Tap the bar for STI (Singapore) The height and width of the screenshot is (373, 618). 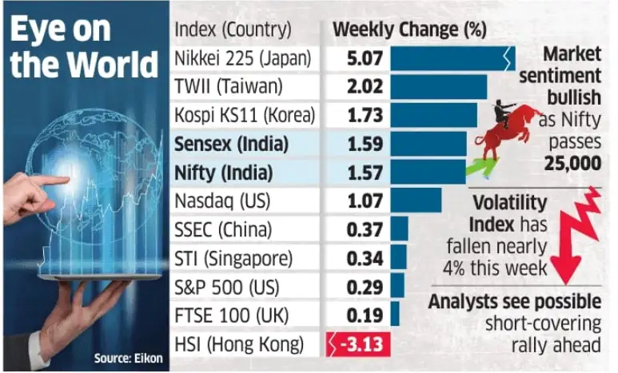point(398,259)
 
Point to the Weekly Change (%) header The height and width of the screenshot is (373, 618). point(409,30)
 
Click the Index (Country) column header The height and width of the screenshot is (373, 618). point(233,30)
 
